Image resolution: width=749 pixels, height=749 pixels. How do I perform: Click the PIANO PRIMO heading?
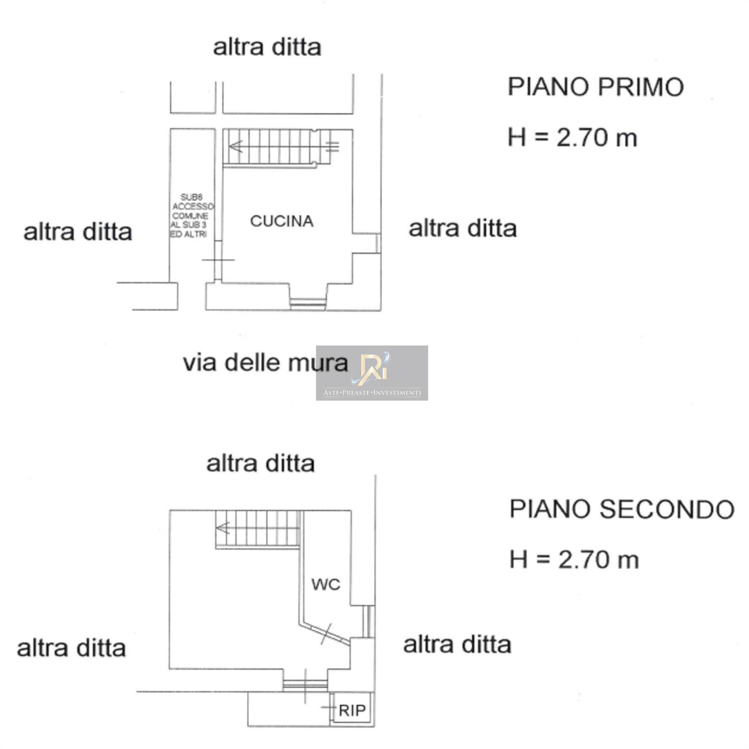click(595, 87)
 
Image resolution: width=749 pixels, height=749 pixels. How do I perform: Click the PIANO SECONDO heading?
click(622, 509)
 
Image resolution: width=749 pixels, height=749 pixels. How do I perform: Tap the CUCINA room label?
click(281, 221)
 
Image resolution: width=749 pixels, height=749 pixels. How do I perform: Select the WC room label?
click(326, 584)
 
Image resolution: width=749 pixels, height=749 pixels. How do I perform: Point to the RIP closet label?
click(352, 710)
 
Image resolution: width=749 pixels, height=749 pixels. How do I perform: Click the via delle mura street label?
click(265, 363)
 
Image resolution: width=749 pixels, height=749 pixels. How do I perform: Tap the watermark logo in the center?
click(372, 373)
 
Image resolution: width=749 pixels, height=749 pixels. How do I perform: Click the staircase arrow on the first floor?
click(235, 147)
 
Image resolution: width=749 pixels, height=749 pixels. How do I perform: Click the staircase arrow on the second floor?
click(223, 528)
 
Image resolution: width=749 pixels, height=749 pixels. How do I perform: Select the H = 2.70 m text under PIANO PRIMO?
click(573, 138)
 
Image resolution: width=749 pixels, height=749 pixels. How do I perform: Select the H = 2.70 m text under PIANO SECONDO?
click(574, 560)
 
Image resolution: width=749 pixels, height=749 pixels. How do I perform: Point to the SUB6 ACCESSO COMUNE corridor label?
click(191, 216)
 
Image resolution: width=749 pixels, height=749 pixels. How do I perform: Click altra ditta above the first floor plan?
click(267, 47)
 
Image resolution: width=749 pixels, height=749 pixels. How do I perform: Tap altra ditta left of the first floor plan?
click(78, 232)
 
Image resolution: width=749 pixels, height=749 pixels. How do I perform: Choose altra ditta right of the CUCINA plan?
click(463, 229)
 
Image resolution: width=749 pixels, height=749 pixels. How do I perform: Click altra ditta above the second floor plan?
click(260, 464)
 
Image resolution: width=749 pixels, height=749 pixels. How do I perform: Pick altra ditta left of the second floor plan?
click(71, 648)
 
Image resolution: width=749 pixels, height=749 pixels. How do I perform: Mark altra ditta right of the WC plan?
click(457, 645)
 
